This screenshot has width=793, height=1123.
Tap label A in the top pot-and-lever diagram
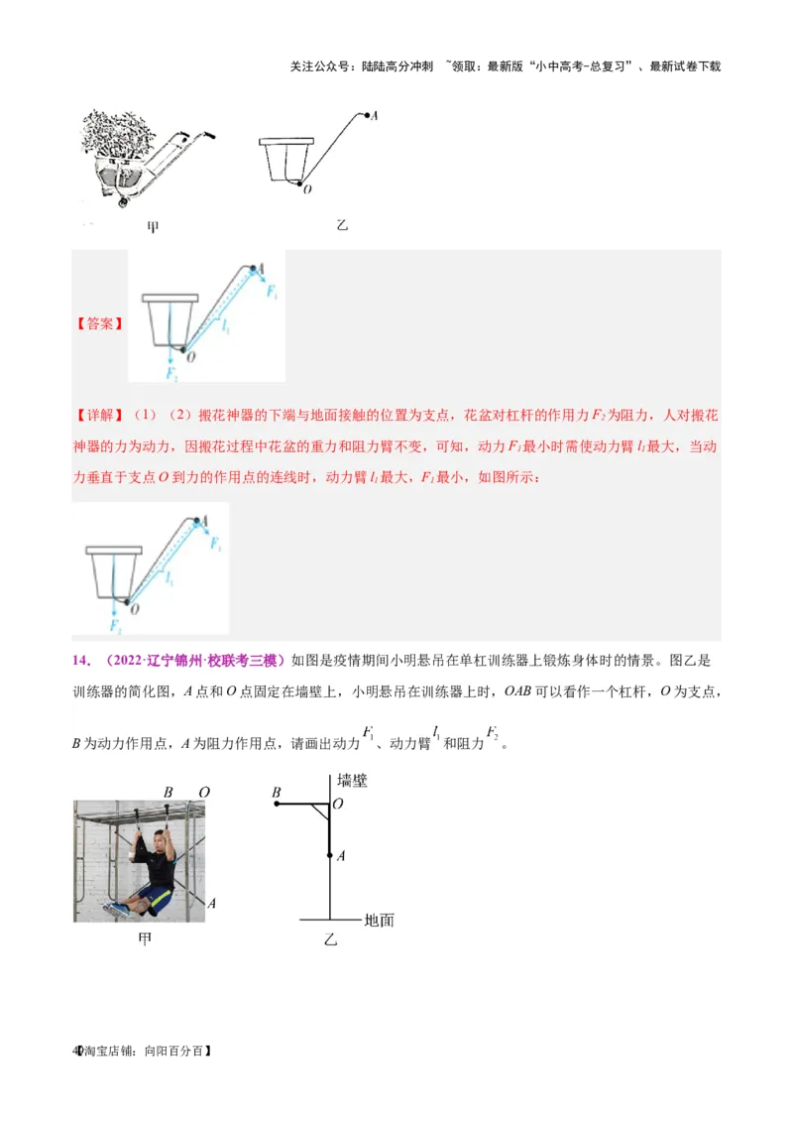375,116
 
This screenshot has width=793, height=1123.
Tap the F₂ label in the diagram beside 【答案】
172,374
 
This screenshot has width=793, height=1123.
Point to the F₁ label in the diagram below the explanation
216,544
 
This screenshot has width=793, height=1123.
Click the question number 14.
79,660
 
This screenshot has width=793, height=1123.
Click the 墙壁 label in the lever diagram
352,781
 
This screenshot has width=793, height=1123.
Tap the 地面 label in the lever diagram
379,920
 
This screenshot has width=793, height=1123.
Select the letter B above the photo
169,792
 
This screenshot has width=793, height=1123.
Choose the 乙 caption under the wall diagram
331,938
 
